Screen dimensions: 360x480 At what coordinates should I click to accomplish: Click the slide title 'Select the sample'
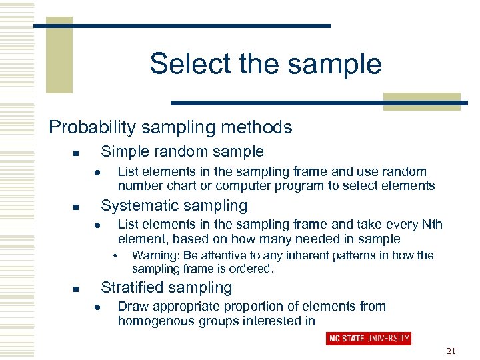(x=265, y=64)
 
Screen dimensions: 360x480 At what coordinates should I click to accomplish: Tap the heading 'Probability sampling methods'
(x=171, y=127)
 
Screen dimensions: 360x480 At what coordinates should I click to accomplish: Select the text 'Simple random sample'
(x=182, y=151)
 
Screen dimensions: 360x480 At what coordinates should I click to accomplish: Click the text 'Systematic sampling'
(x=173, y=205)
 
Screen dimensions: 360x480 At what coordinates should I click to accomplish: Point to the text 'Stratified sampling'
(x=166, y=287)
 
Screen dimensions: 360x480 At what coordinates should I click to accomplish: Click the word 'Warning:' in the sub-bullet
(x=154, y=255)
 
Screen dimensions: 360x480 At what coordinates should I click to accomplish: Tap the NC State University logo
(x=369, y=338)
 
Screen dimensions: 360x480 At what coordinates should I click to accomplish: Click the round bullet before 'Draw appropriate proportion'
(x=97, y=307)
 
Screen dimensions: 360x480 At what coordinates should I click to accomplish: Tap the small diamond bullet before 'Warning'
(x=115, y=256)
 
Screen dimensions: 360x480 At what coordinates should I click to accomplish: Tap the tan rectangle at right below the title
(x=421, y=101)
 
